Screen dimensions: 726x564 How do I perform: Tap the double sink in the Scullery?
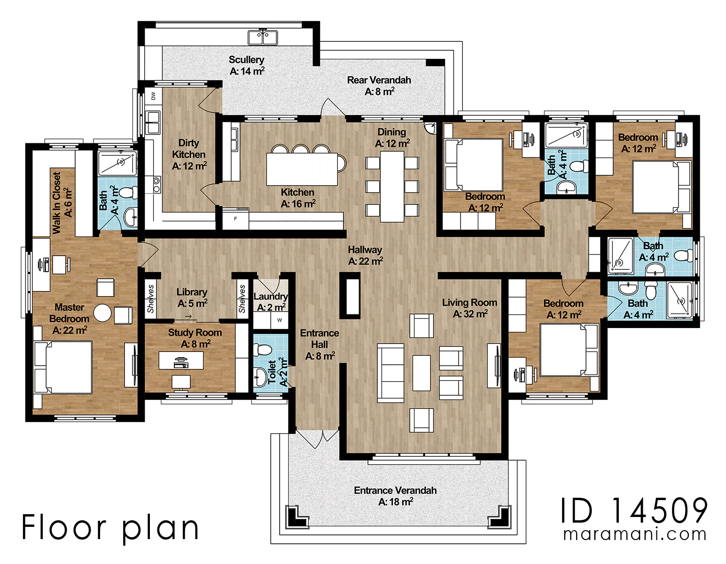263,38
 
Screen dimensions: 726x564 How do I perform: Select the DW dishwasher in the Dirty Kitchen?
153,96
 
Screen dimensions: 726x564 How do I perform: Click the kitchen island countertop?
302,169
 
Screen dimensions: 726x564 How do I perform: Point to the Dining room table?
392,187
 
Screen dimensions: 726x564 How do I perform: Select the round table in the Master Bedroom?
102,313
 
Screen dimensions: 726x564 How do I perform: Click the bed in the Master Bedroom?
63,367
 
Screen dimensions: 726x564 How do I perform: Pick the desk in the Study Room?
181,360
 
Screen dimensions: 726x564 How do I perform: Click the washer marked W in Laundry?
279,320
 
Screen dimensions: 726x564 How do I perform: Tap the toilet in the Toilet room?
262,350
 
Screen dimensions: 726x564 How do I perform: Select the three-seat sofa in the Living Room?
390,373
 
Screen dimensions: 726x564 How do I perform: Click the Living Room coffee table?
422,373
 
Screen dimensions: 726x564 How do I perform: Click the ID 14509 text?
634,510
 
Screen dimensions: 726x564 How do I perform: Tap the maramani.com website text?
634,534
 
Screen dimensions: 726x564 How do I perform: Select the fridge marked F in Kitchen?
235,219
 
